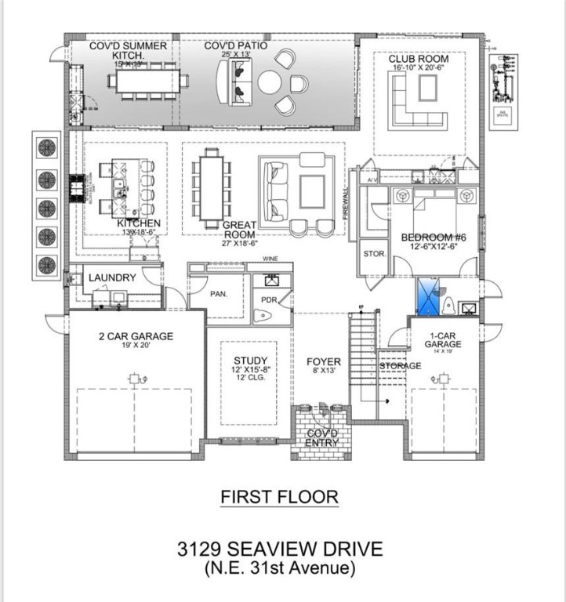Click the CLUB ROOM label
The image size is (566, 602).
[419, 59]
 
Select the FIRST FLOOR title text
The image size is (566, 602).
[279, 496]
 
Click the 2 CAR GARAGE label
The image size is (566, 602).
[136, 336]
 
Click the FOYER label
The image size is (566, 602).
[323, 361]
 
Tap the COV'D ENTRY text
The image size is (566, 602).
[322, 437]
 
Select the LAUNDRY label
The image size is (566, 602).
[112, 277]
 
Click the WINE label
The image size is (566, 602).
[270, 258]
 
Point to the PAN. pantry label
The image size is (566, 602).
[219, 294]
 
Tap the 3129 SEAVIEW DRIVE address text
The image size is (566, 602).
[279, 546]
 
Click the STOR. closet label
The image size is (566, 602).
[373, 254]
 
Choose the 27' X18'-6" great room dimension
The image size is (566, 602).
[239, 243]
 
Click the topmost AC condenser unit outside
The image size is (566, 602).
[48, 147]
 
